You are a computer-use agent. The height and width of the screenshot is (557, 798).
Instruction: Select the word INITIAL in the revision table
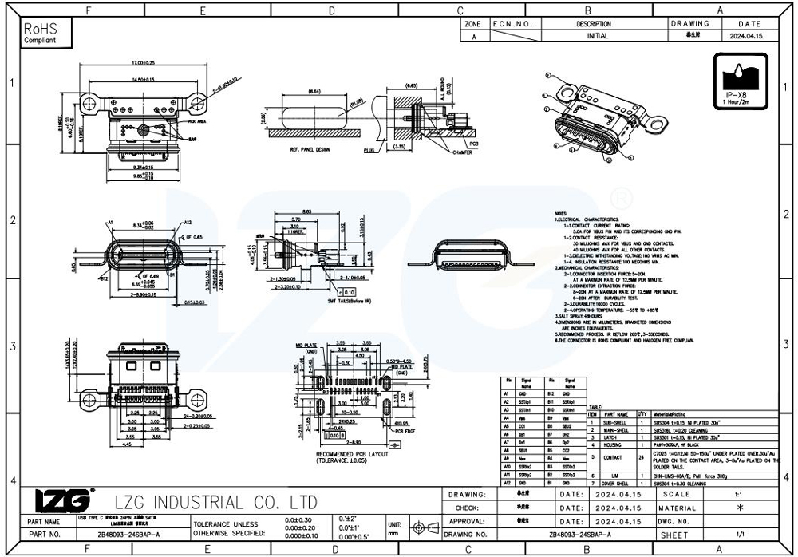click(597, 36)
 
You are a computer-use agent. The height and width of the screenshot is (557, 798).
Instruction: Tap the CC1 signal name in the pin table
click(526, 427)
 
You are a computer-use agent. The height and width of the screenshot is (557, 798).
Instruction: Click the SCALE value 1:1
click(741, 495)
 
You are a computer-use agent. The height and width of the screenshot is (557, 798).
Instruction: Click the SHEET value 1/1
click(741, 534)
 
